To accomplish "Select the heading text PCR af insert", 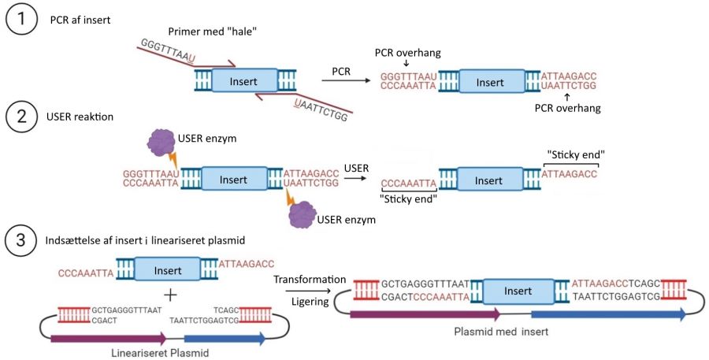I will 80,19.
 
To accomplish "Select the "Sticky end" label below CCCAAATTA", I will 409,199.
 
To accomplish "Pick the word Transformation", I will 309,279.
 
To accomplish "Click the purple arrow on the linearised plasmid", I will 107,338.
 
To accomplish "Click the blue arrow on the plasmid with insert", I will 607,314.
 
